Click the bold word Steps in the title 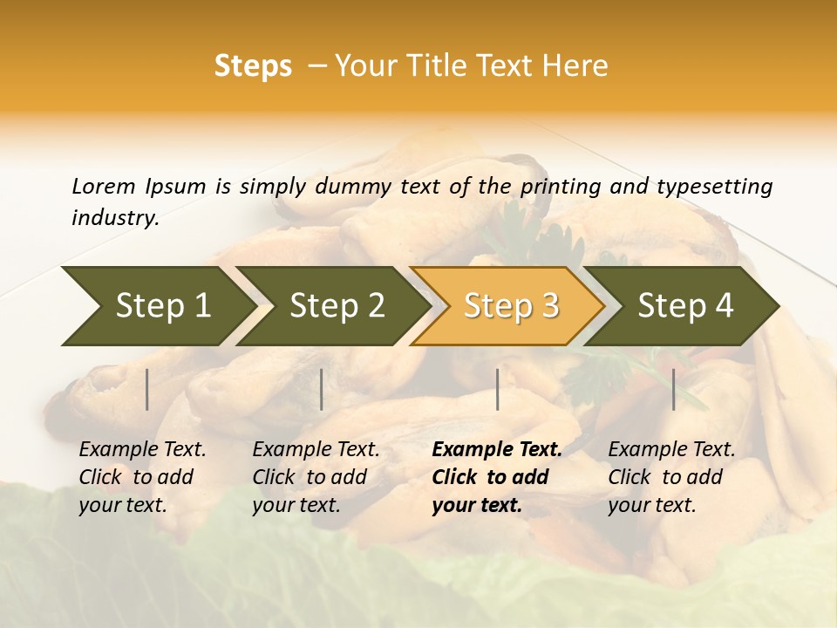(253, 66)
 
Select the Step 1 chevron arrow (157, 306)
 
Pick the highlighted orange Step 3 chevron (510, 306)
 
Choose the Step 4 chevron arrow (684, 306)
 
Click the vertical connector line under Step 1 (147, 389)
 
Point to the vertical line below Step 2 (322, 389)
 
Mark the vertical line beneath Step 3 (497, 389)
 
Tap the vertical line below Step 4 (674, 389)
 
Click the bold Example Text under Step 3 (497, 450)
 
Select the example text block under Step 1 (142, 477)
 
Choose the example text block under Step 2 (316, 477)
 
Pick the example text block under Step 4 (671, 477)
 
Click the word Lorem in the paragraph (104, 186)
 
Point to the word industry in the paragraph (115, 218)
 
